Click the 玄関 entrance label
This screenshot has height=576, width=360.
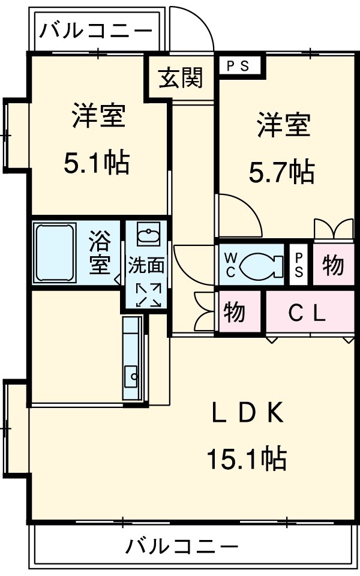(181, 78)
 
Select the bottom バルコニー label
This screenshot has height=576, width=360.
(181, 547)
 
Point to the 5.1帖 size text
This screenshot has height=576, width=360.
(97, 162)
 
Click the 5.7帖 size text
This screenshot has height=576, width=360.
(282, 173)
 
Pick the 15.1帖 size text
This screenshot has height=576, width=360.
(246, 460)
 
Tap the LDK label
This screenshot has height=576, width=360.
(247, 413)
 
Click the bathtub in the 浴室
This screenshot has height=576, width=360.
(54, 253)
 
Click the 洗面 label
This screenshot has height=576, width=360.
(146, 265)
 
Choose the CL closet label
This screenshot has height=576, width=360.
(306, 312)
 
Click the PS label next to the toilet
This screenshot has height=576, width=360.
(298, 264)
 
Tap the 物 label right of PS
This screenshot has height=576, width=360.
(333, 265)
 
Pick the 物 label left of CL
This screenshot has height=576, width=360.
(235, 312)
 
